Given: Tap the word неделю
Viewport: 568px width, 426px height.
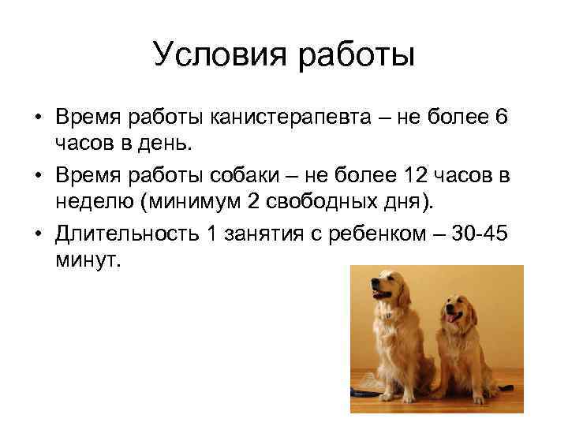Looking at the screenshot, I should pyautogui.click(x=93, y=200).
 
